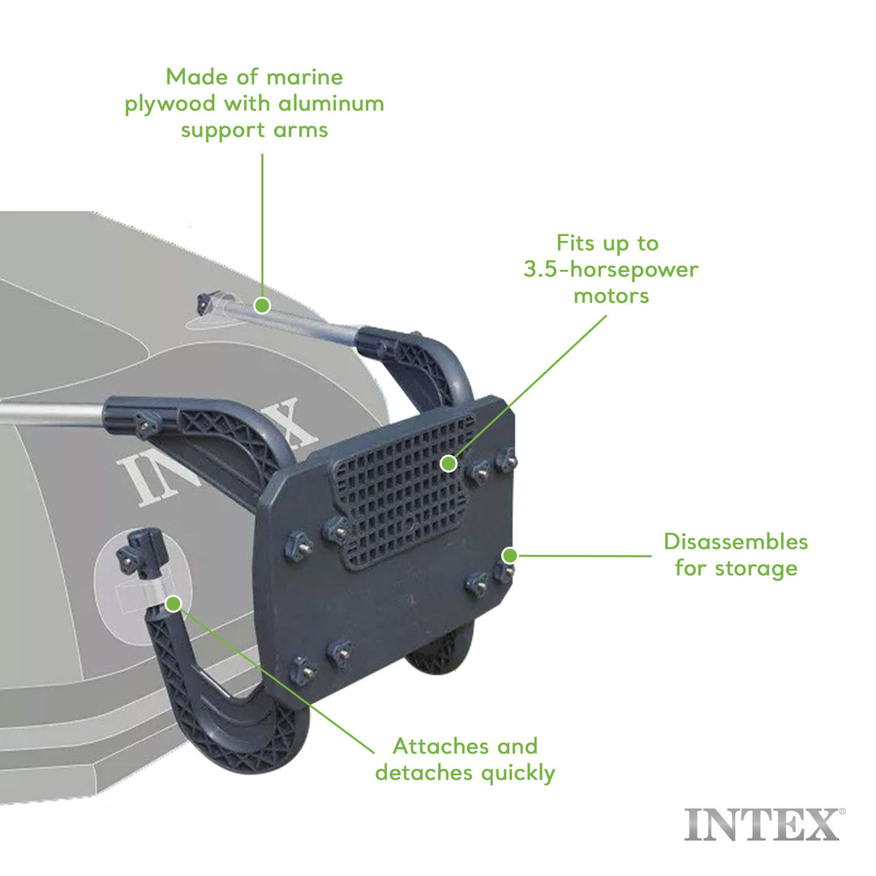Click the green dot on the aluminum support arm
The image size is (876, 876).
pyautogui.click(x=261, y=305)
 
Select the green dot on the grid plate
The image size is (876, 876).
pyautogui.click(x=448, y=463)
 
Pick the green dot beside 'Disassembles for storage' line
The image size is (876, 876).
pyautogui.click(x=509, y=556)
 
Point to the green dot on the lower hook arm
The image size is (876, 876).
pyautogui.click(x=173, y=603)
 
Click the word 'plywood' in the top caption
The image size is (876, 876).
pyautogui.click(x=171, y=104)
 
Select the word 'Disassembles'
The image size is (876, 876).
pyautogui.click(x=736, y=541)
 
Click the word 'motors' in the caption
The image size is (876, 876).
pyautogui.click(x=611, y=295)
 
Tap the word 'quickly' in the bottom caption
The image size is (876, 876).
pyautogui.click(x=517, y=772)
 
